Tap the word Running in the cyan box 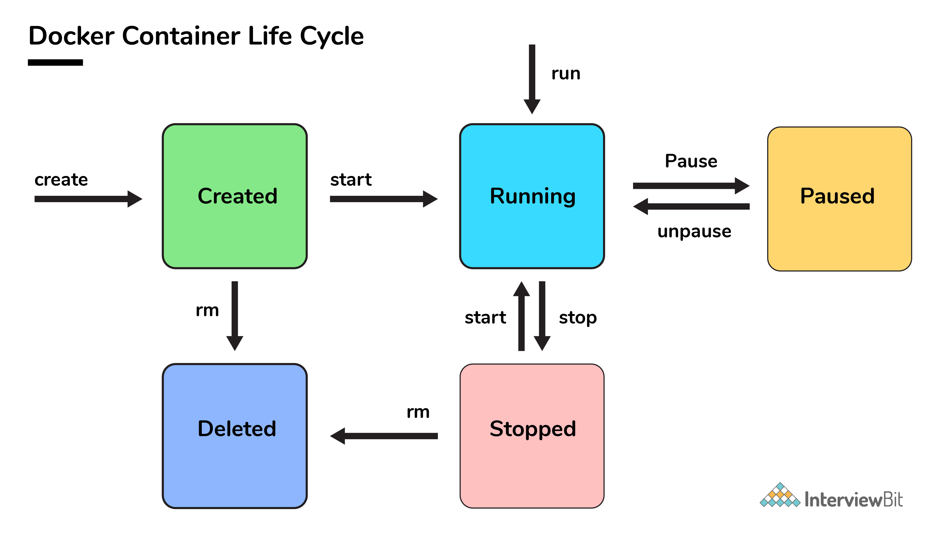[x=533, y=196]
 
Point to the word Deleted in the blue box [x=237, y=429]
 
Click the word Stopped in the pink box [x=533, y=429]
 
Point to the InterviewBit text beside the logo [x=853, y=500]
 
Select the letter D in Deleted [x=205, y=429]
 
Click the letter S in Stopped [x=497, y=429]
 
